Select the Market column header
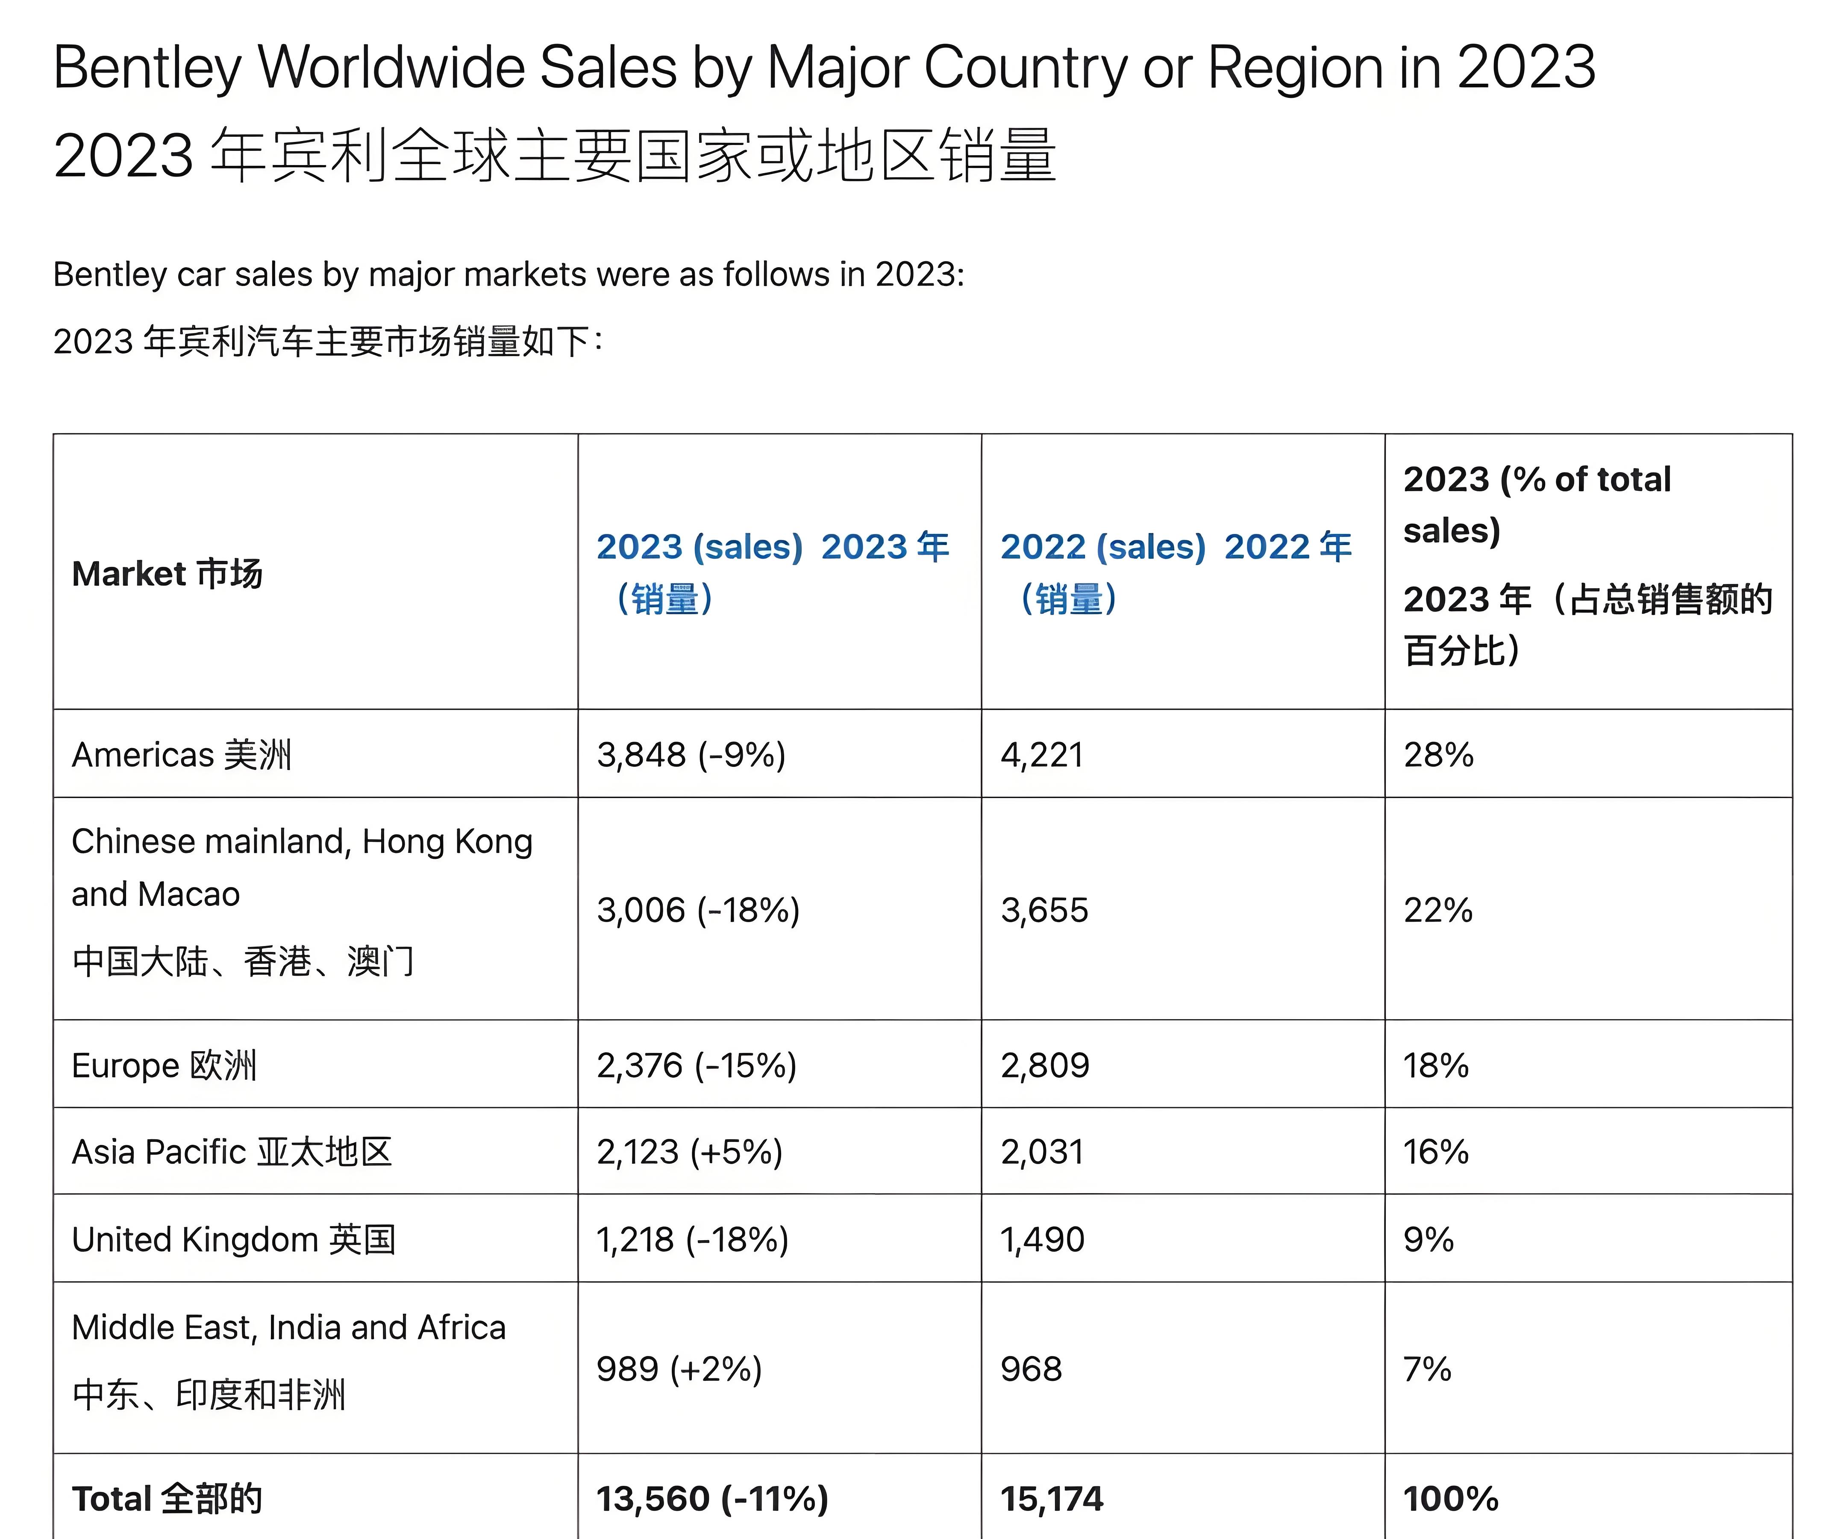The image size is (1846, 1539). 167,573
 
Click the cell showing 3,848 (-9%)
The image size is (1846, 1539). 691,755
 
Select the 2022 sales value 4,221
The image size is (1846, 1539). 1042,755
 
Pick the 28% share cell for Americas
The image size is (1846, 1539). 1438,755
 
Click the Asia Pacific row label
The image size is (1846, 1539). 231,1152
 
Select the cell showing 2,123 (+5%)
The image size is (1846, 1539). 689,1152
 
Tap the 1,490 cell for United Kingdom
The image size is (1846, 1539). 1043,1239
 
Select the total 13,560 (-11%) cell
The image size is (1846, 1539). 712,1498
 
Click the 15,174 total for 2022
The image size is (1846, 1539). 1051,1498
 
